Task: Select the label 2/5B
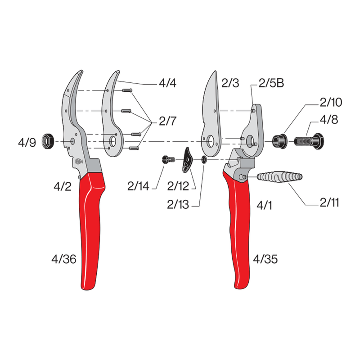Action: click(270, 84)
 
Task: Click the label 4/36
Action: click(63, 259)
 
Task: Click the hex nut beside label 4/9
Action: click(48, 141)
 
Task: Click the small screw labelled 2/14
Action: click(168, 159)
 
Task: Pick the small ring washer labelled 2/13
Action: click(204, 159)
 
